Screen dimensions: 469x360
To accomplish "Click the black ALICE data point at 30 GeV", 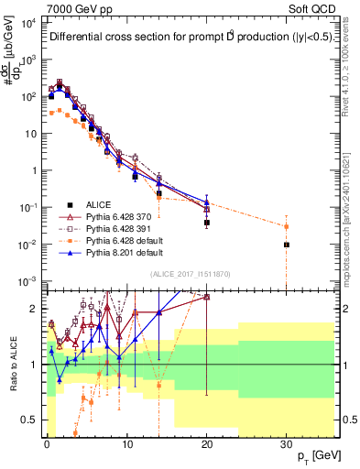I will (287, 245).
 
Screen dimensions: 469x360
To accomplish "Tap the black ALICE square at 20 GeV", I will (206, 223).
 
